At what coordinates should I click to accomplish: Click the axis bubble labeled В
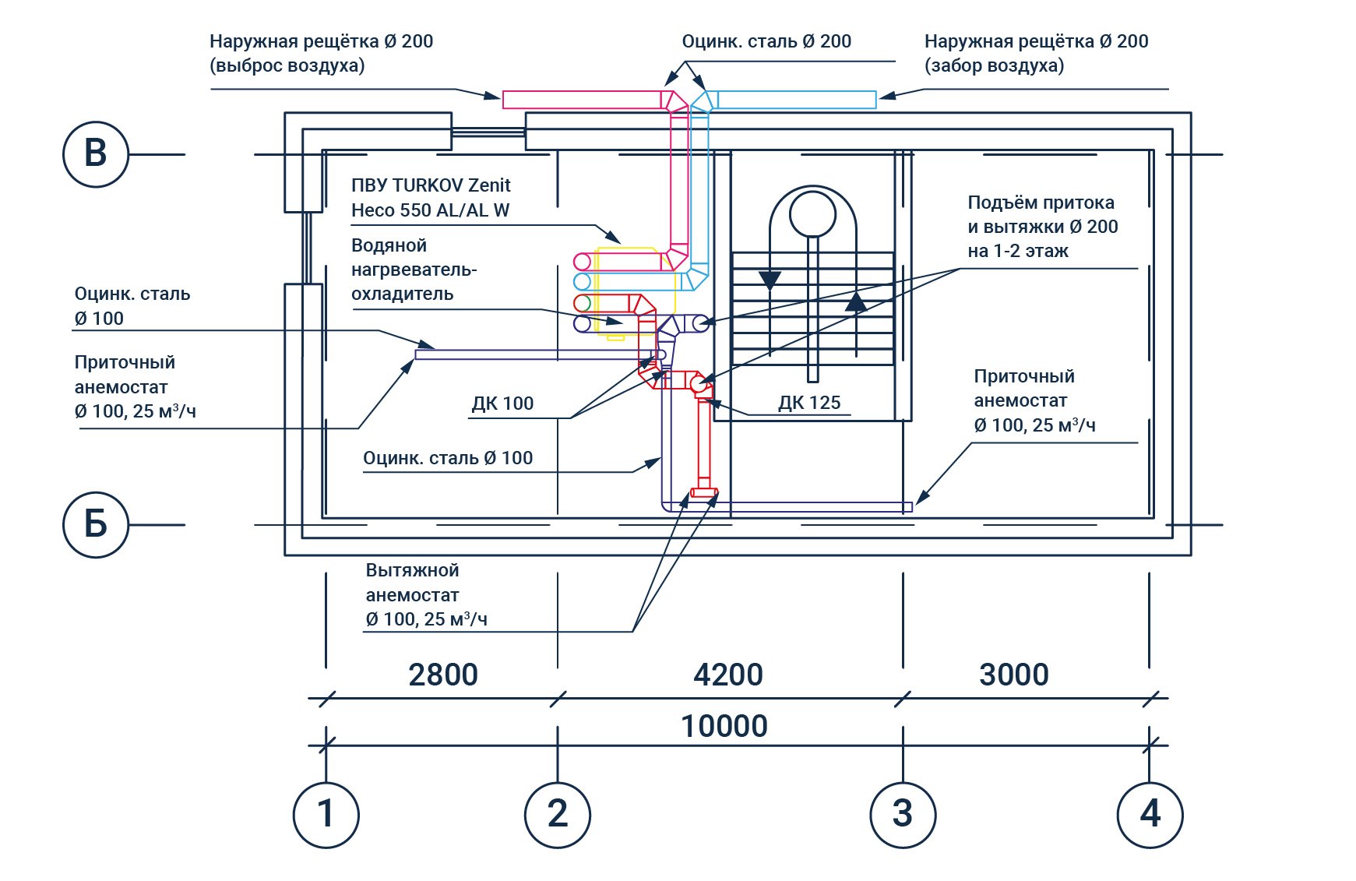[x=96, y=154]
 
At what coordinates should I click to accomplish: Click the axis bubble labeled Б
[x=96, y=525]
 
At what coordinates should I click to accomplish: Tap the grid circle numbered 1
[x=326, y=815]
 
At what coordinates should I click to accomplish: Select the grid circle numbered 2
[x=558, y=815]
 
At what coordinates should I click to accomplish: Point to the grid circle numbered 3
[x=903, y=815]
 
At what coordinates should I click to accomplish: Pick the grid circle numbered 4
[x=1150, y=815]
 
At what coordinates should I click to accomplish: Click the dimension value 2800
[x=443, y=675]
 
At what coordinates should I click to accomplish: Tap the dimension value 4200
[x=728, y=675]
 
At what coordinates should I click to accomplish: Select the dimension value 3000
[x=1014, y=675]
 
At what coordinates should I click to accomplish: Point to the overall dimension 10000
[x=724, y=726]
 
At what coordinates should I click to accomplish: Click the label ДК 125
[x=809, y=403]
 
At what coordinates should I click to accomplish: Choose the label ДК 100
[x=502, y=403]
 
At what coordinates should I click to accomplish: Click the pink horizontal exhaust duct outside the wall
[x=581, y=100]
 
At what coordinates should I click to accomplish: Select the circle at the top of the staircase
[x=812, y=213]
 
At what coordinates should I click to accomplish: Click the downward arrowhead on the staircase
[x=770, y=280]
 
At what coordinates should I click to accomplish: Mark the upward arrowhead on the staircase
[x=856, y=301]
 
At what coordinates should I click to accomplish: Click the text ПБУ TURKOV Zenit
[x=431, y=185]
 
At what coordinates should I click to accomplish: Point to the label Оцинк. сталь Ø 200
[x=766, y=41]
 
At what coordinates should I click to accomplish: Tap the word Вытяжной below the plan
[x=412, y=570]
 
